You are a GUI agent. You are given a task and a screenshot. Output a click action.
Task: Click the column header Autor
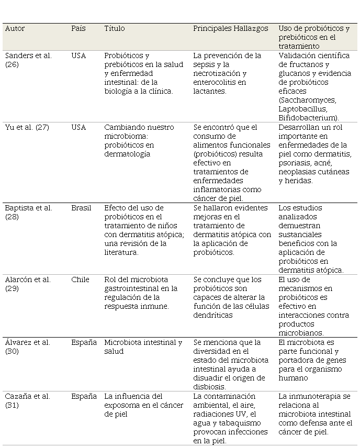point(15,29)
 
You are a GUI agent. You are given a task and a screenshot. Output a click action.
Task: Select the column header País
point(78,29)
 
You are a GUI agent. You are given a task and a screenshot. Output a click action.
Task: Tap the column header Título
point(115,29)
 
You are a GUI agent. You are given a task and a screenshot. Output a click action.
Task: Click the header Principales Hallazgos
point(231,29)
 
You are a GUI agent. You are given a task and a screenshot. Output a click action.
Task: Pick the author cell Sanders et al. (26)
point(28,60)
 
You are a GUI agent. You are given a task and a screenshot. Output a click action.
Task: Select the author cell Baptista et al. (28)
point(28,212)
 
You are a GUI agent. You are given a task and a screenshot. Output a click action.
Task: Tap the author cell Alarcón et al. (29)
point(28,284)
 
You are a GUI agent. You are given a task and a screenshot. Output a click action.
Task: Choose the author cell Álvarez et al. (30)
point(27,346)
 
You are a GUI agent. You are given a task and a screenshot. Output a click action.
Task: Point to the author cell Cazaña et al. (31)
point(27,400)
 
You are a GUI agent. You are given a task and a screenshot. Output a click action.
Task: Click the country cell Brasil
point(81,208)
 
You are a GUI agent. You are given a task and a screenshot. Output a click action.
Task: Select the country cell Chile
point(80,279)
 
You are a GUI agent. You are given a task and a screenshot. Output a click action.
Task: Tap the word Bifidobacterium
point(308,118)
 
